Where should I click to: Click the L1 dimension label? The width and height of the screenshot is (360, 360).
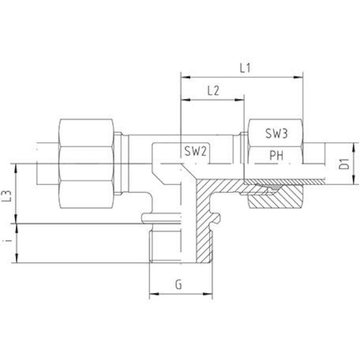245,68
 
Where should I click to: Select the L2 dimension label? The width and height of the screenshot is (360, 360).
213,91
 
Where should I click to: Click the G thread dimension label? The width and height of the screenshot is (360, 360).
178,285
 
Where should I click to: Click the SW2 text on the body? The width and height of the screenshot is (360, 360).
196,152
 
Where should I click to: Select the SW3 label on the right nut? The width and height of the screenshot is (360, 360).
276,134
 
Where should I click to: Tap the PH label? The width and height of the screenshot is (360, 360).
276,156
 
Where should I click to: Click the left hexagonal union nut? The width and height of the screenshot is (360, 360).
86,164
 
